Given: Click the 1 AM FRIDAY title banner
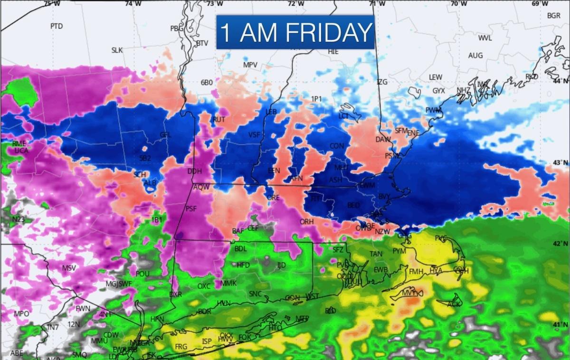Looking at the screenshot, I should point(295,32).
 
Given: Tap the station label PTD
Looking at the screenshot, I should point(57,26).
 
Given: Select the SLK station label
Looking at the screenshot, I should point(117,50).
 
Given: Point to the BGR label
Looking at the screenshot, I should point(554,15).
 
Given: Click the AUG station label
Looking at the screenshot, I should point(475,56).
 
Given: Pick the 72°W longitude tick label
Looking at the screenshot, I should point(296,4).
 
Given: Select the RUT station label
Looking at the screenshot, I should point(218,120).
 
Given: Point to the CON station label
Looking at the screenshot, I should point(337,146).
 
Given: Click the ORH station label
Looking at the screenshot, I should point(306,222).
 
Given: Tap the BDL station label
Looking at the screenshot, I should point(241,248).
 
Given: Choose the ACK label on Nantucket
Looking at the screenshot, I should point(454,304).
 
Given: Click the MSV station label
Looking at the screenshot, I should point(69,268).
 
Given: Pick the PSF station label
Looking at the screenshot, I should point(191,208).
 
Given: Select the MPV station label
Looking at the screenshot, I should point(250,65).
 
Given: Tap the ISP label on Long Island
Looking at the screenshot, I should point(207,341).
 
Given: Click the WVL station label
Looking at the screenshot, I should point(485,38).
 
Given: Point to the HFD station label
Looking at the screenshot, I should point(243,265).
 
